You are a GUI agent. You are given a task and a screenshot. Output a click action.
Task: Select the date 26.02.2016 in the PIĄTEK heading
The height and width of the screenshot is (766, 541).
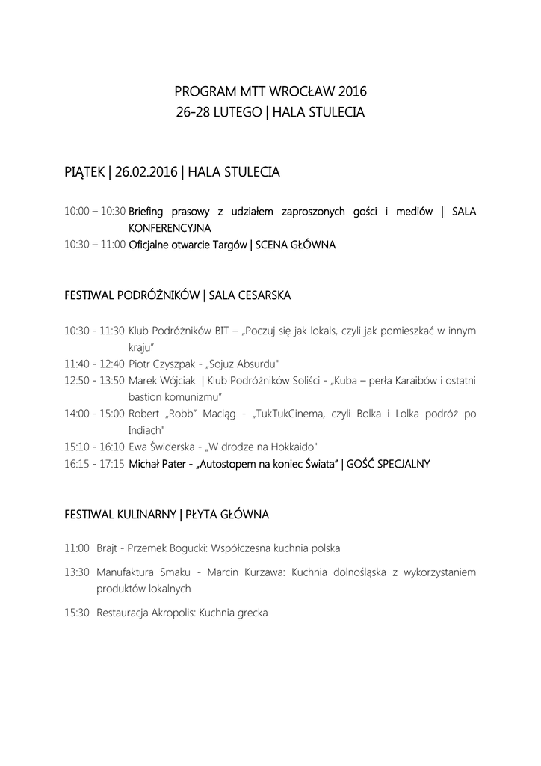click(146, 173)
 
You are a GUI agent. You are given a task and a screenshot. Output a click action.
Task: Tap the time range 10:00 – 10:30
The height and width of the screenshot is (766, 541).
click(95, 212)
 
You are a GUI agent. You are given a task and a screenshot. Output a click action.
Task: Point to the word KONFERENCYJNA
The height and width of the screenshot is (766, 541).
click(170, 227)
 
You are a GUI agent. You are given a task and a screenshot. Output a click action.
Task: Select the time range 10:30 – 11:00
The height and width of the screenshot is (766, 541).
click(95, 245)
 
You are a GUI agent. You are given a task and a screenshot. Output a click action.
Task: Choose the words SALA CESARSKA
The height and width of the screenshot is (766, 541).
click(250, 296)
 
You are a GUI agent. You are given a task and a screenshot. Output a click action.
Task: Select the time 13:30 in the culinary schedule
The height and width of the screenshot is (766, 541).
click(77, 572)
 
